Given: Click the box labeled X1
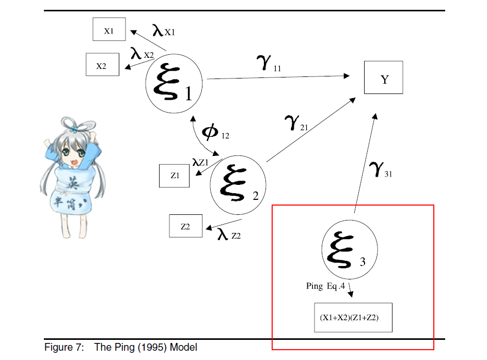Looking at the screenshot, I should coord(109,29).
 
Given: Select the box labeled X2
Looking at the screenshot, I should coord(102,65).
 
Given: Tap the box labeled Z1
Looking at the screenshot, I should coord(174,175).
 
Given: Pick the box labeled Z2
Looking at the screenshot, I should coord(185,226).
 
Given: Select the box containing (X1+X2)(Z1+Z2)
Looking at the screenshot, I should coord(353,317).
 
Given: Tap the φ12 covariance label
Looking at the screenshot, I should coord(215,132).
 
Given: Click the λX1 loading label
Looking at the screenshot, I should coord(164,30).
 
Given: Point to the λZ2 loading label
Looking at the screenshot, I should coord(229,235).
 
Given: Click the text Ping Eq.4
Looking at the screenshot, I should coord(325,286).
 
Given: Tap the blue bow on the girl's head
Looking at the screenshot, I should coord(74,128).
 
